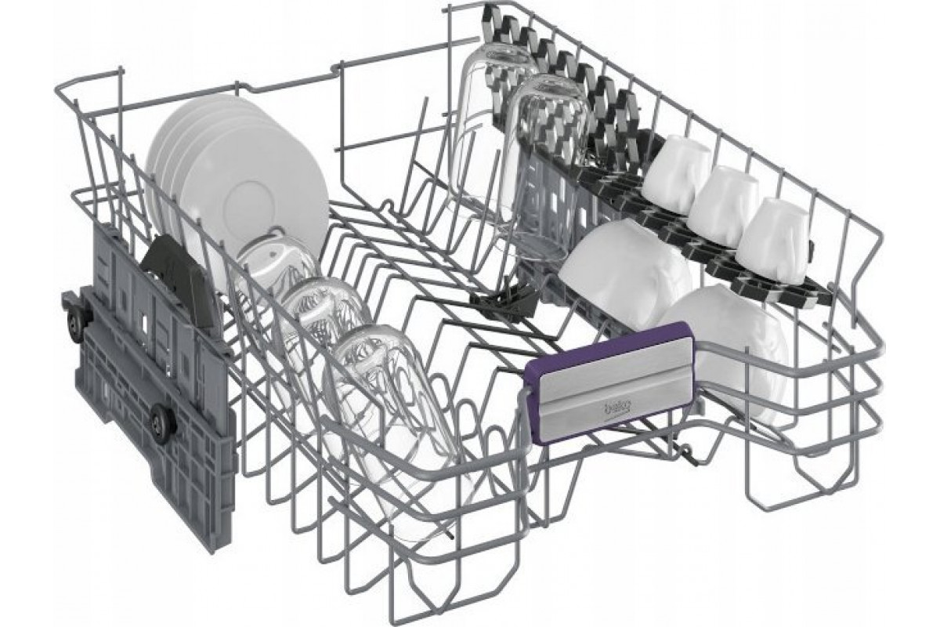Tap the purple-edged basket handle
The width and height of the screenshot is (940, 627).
(609, 382)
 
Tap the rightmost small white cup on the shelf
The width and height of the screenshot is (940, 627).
(773, 241)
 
